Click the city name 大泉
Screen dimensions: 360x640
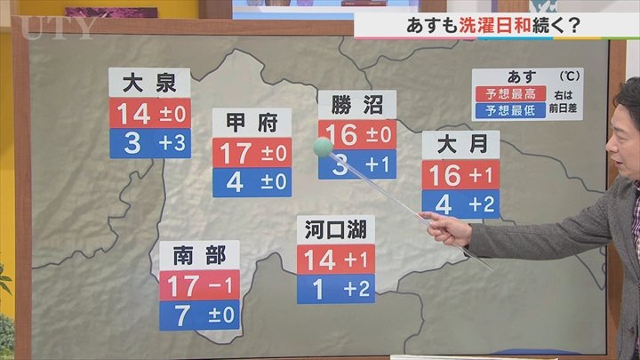point(149,84)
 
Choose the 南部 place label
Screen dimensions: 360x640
point(200,256)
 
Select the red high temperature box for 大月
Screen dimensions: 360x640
point(460,175)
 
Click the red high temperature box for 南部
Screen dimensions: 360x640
point(200,286)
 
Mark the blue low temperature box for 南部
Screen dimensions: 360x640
point(200,315)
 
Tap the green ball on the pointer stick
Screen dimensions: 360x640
point(324,147)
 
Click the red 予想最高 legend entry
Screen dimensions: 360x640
point(503,93)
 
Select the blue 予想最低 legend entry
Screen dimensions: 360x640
point(503,111)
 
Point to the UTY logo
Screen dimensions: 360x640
point(55,28)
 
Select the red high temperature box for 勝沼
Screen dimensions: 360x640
point(356,135)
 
